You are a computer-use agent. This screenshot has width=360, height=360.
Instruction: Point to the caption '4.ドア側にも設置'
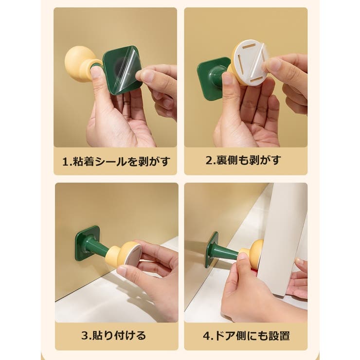coord(246,335)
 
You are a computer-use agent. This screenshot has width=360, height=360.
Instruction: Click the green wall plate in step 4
coord(210,249)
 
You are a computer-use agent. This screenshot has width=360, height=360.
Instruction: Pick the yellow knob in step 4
coord(256,253)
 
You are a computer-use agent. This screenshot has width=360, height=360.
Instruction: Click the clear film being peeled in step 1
coord(126,68)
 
